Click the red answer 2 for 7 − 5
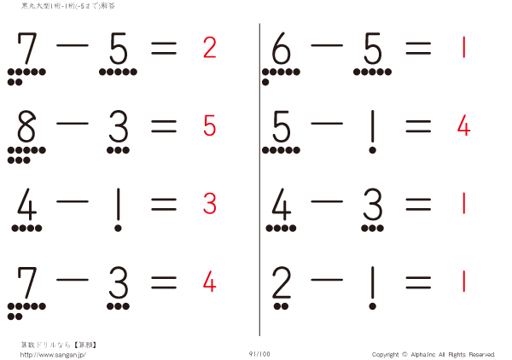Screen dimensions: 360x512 pyautogui.click(x=210, y=48)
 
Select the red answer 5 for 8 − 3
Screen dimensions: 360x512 pyautogui.click(x=210, y=126)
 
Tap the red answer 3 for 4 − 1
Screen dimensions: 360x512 pyautogui.click(x=210, y=204)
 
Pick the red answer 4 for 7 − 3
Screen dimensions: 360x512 pyautogui.click(x=210, y=281)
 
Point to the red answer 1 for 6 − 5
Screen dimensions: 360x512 pyautogui.click(x=463, y=48)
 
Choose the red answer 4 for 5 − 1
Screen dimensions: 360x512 pyautogui.click(x=463, y=126)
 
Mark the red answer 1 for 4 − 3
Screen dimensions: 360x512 pyautogui.click(x=463, y=204)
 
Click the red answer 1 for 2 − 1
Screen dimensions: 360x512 pyautogui.click(x=463, y=281)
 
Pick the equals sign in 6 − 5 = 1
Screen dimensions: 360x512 pyautogui.click(x=418, y=49)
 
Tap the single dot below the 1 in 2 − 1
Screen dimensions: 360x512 pyautogui.click(x=373, y=305)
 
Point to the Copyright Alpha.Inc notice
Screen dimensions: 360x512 pyautogui.click(x=433, y=354)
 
